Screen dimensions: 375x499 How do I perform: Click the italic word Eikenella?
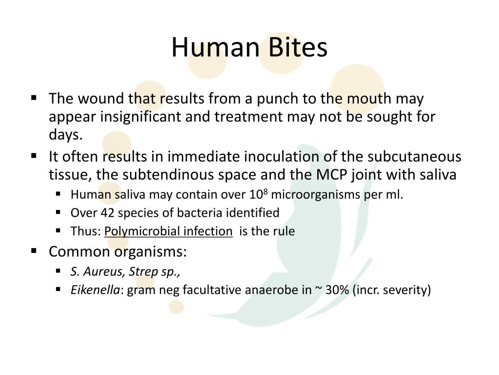95,290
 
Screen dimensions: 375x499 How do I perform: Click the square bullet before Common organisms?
34,251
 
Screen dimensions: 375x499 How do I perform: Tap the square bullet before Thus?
58,230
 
